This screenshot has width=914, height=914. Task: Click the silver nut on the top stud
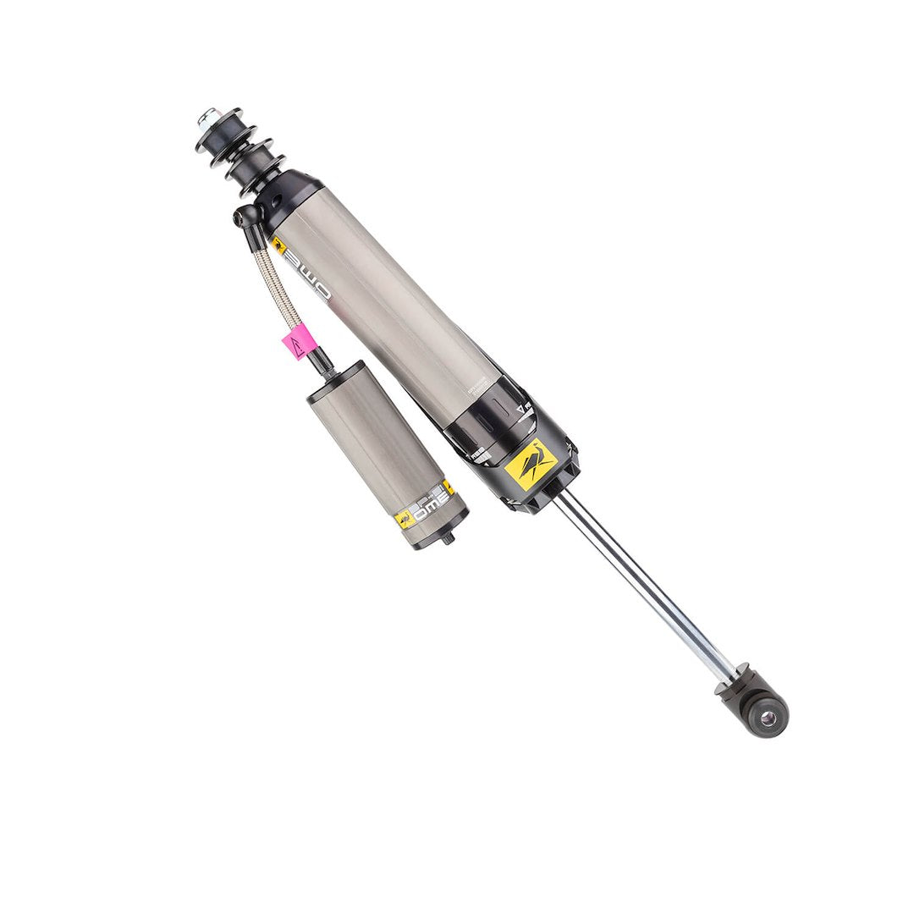[x=206, y=118]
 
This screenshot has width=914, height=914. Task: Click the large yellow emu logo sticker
[x=531, y=464]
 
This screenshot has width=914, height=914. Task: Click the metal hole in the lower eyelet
[x=768, y=718]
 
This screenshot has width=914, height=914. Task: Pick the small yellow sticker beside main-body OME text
[x=278, y=246]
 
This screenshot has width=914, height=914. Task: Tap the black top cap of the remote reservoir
[x=336, y=377]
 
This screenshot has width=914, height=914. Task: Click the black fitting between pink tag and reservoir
[x=321, y=365]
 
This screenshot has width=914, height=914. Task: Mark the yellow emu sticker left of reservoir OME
[x=405, y=519]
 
